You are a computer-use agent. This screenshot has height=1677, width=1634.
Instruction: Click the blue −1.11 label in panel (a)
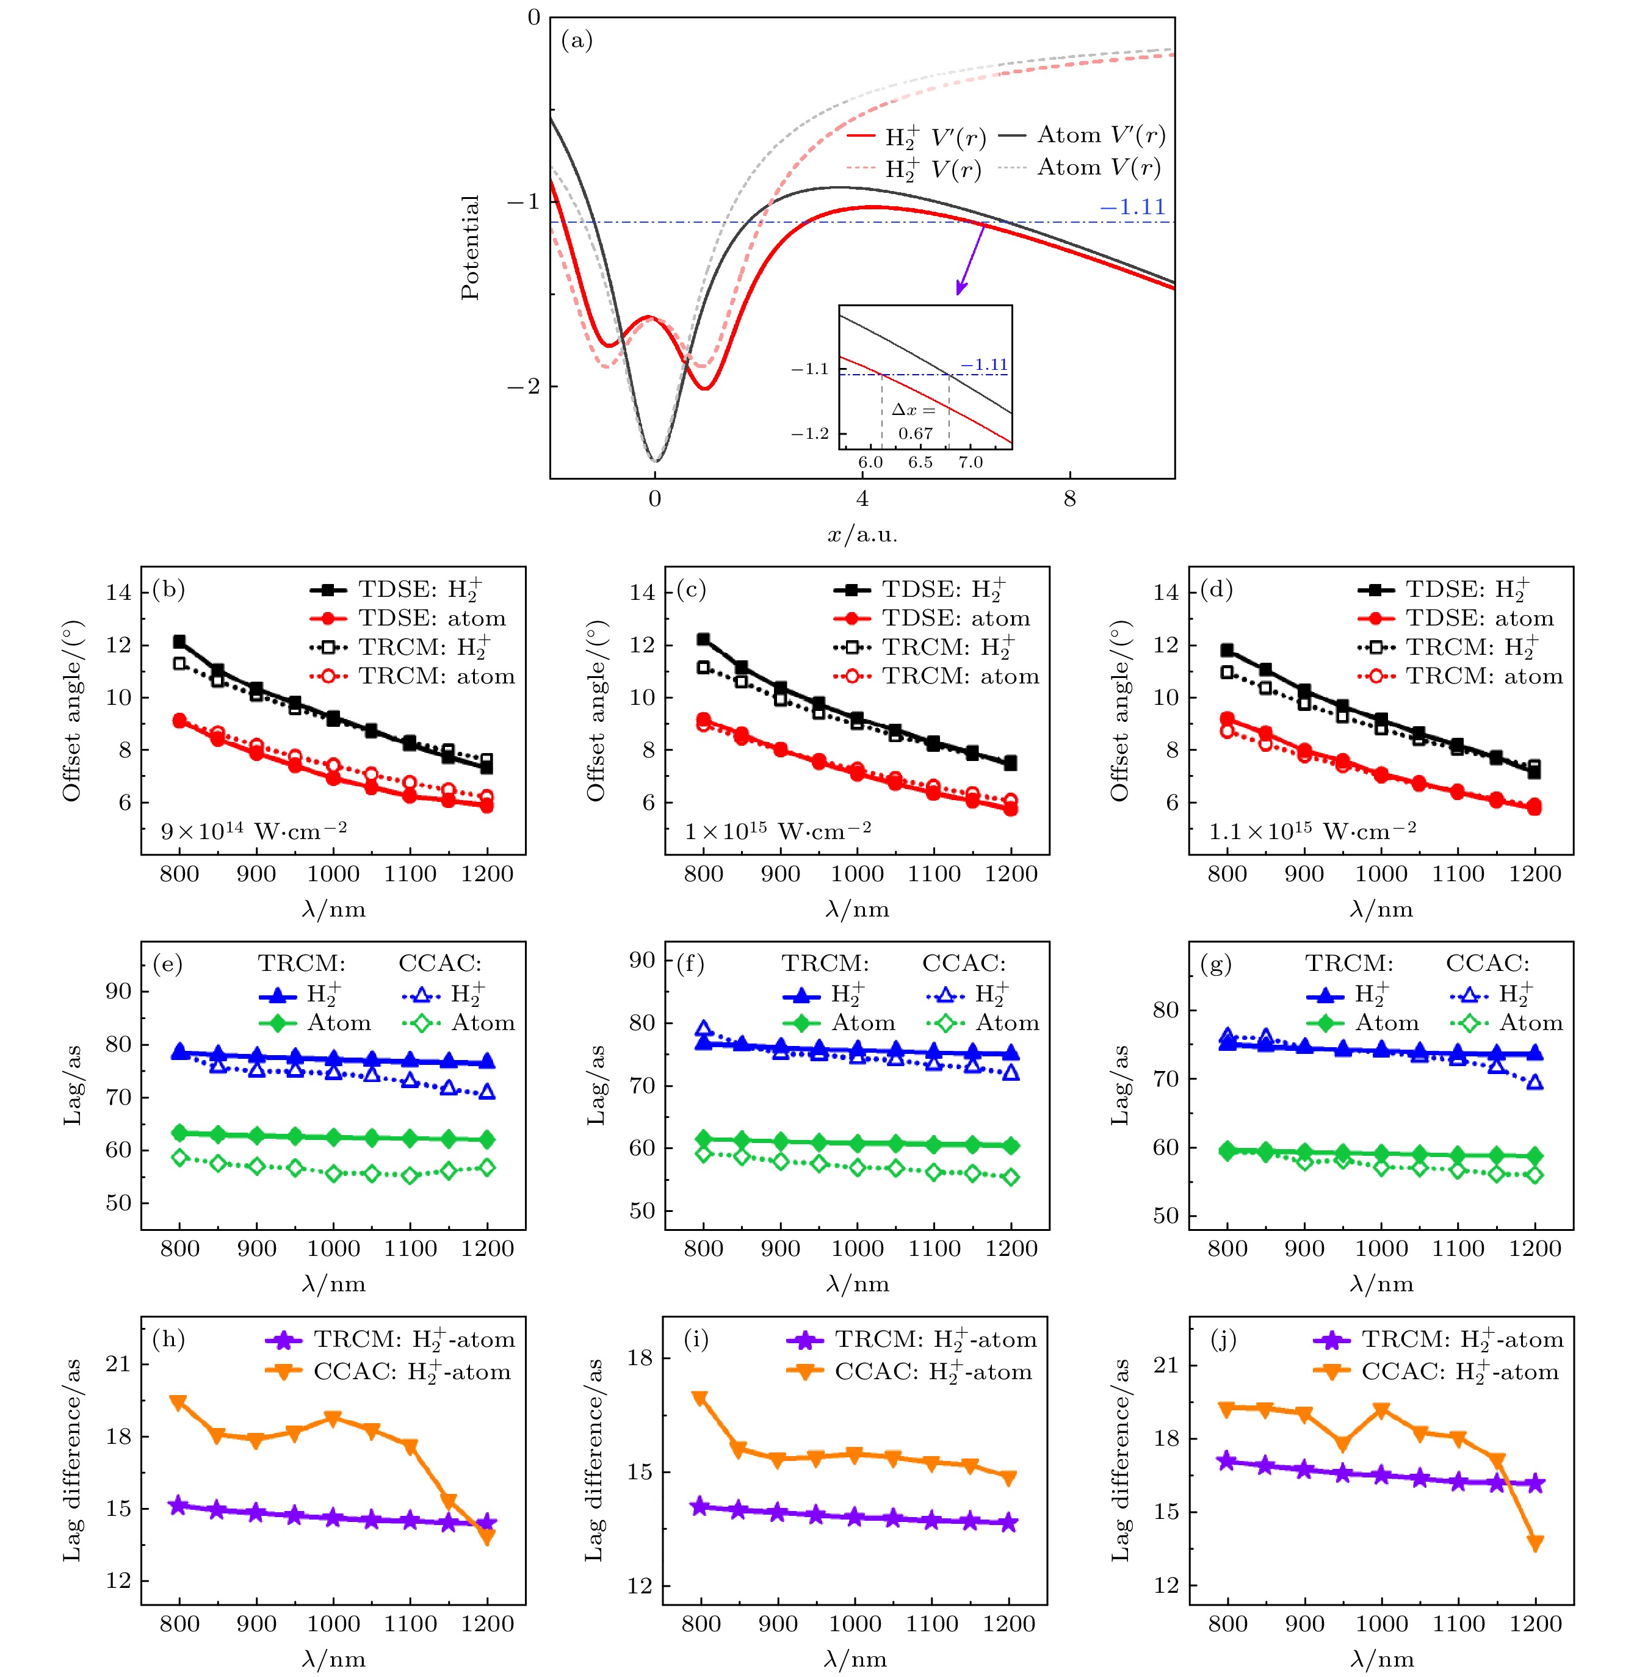tap(1132, 207)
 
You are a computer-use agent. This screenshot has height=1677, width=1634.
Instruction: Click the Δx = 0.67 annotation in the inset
tap(915, 421)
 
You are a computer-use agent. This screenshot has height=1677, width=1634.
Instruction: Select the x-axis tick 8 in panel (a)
tap(1069, 499)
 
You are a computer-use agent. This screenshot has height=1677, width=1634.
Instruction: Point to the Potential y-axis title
tap(469, 247)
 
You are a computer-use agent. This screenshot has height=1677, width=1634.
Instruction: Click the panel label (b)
tap(169, 590)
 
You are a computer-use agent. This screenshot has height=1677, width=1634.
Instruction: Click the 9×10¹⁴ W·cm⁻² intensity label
tap(254, 831)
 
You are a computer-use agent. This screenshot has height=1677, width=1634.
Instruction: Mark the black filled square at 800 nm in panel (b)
tap(179, 641)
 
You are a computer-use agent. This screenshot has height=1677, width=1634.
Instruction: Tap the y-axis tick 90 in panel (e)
tap(118, 992)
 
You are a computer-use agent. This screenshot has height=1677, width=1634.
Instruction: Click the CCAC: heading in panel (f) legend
tap(964, 964)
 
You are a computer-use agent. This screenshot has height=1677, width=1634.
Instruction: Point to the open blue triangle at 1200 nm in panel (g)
tap(1535, 1083)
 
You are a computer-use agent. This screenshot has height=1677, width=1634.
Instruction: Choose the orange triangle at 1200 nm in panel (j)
tap(1535, 1543)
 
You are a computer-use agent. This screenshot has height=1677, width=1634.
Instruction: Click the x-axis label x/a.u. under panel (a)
tap(862, 535)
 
